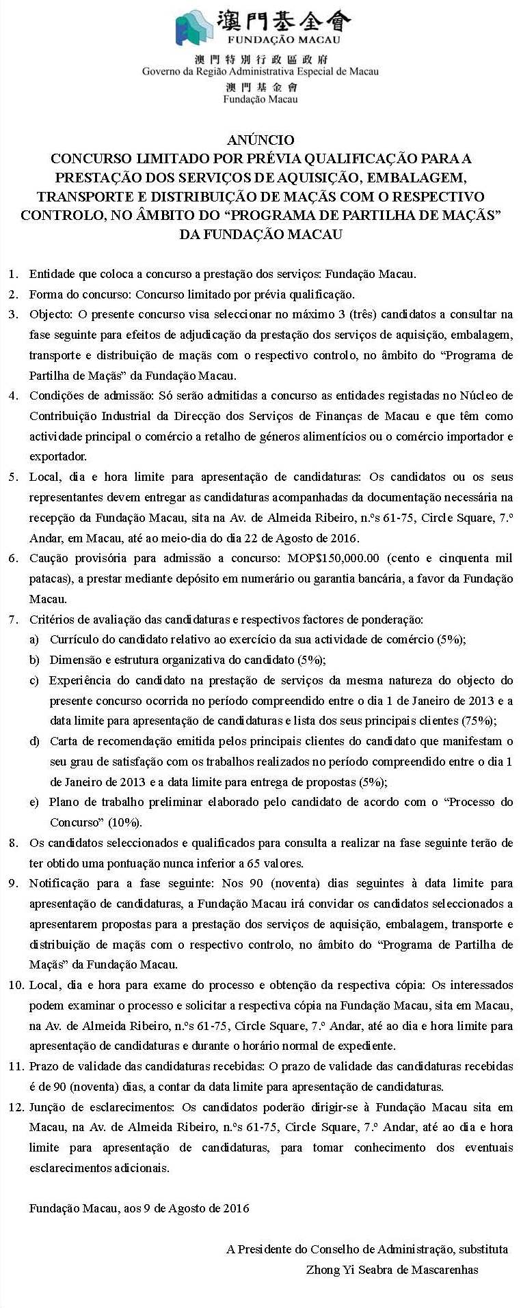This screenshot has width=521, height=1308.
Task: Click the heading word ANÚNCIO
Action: [x=260, y=140]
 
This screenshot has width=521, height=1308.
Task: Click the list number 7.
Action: [x=13, y=620]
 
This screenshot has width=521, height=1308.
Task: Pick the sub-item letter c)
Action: [x=34, y=680]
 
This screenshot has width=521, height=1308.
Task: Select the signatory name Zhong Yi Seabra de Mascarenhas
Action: [x=392, y=1270]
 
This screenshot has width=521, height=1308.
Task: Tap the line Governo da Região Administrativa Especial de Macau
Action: [x=260, y=71]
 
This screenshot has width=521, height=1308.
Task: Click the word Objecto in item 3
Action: [x=50, y=314]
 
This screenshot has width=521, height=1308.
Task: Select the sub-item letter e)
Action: [x=34, y=802]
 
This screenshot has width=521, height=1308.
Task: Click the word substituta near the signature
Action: [x=483, y=1249]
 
